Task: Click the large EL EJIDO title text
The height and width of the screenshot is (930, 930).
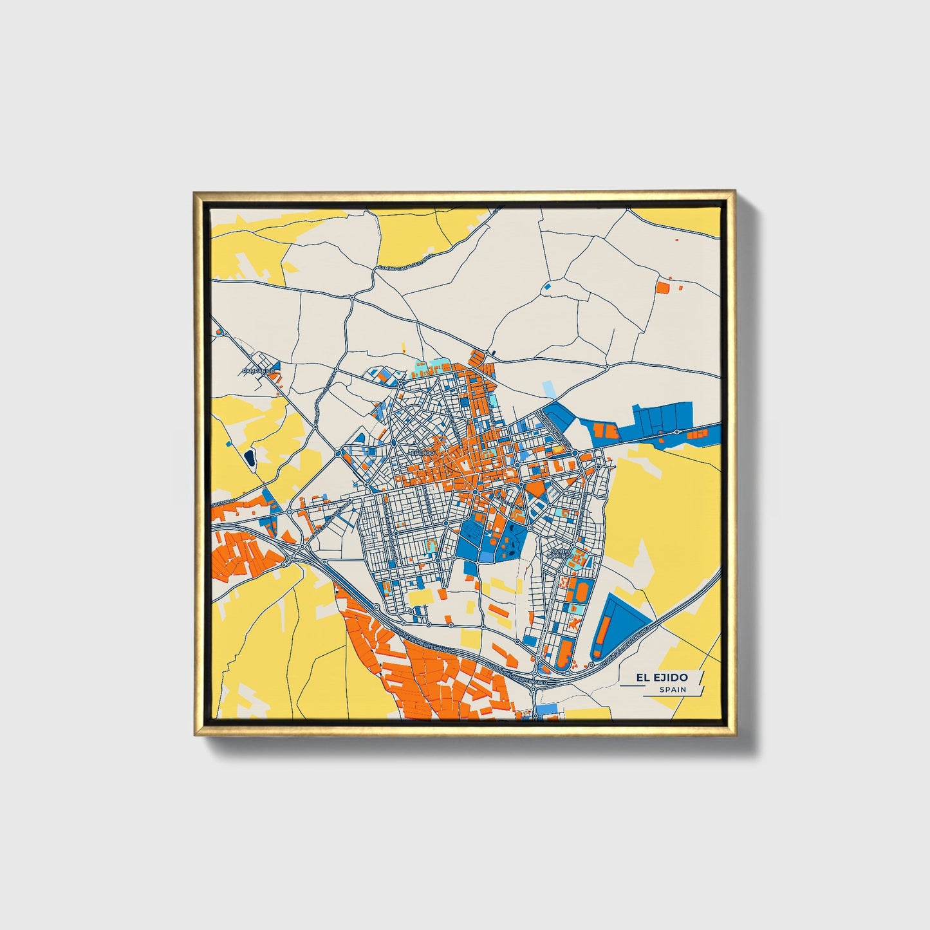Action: click(x=661, y=678)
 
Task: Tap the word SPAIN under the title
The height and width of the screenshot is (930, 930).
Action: click(x=673, y=689)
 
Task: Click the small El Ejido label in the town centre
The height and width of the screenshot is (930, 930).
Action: click(x=423, y=453)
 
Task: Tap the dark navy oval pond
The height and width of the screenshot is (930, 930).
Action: click(x=249, y=458)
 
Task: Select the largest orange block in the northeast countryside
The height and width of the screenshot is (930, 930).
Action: click(x=662, y=287)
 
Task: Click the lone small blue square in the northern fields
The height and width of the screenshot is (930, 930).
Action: click(x=548, y=286)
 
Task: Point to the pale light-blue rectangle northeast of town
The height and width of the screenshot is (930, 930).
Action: click(x=548, y=389)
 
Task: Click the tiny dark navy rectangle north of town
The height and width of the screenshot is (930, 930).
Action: click(x=493, y=353)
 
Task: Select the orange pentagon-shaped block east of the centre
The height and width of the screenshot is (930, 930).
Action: click(x=534, y=489)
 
